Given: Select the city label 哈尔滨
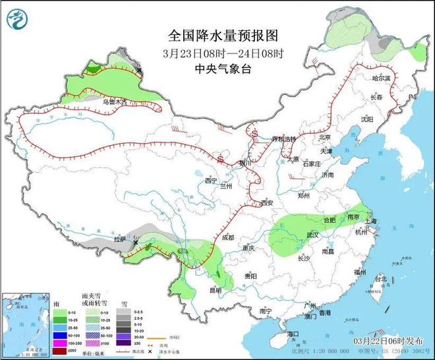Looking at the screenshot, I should [382, 78].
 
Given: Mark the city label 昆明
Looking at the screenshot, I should [216, 289].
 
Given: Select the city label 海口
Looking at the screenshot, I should [294, 335].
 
